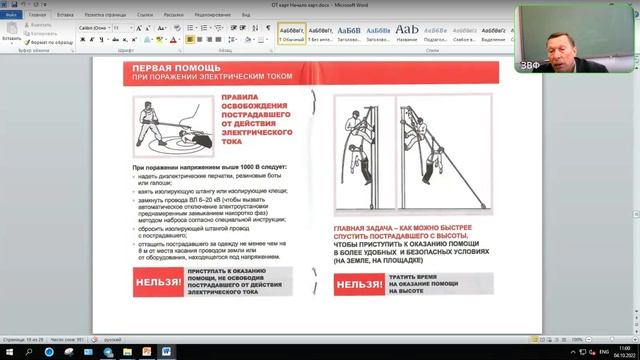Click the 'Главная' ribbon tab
coord(37,16)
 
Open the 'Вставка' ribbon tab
coord(65,16)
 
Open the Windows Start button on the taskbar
coord(7,352)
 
